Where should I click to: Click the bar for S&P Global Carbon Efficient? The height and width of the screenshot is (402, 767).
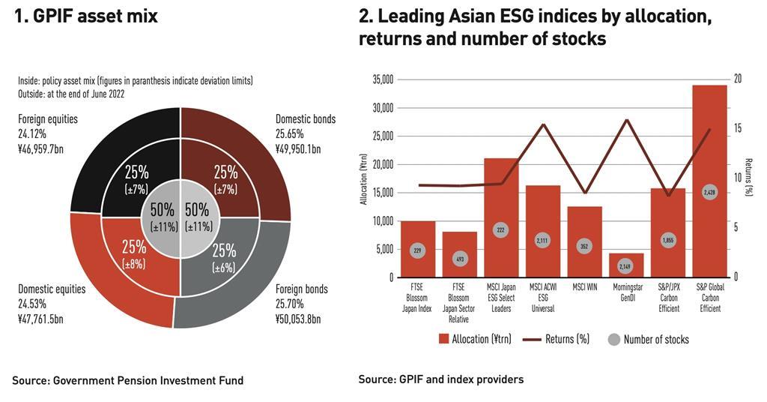[709, 150]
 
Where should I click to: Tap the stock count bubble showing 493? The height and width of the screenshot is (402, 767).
[459, 259]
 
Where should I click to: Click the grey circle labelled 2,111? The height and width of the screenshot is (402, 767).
[542, 240]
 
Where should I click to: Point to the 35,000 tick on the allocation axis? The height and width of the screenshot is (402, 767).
[383, 79]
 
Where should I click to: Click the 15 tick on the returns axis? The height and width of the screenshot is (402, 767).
[737, 128]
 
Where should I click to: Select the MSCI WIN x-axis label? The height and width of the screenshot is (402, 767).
[584, 286]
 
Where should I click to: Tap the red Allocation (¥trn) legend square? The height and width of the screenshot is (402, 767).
[443, 339]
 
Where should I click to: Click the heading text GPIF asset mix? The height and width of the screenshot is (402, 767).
[86, 16]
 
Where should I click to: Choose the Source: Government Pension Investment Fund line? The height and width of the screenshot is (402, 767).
[127, 381]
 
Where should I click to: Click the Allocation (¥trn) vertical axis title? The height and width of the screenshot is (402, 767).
[364, 178]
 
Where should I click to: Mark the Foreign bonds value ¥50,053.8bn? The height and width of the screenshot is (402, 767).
[298, 319]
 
